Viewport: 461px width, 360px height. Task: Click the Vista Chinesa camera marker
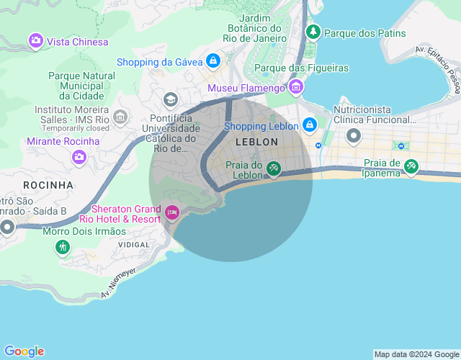tap(35, 41)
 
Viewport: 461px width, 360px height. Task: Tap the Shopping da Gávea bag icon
tap(212, 60)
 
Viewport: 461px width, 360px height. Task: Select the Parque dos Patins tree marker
tap(313, 32)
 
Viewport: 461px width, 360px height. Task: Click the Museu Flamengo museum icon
tap(295, 87)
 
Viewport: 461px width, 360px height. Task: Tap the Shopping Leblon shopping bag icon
tap(309, 125)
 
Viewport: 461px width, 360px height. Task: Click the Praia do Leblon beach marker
tap(274, 168)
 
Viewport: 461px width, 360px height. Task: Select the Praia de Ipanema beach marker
tap(411, 166)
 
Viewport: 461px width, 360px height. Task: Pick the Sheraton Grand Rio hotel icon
tap(172, 212)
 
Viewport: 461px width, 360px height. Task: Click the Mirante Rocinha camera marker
tap(79, 156)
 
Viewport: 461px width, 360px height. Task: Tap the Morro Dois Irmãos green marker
tap(63, 247)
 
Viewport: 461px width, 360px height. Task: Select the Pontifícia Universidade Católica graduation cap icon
tap(171, 99)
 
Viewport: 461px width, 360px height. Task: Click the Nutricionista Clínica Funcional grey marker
tap(353, 135)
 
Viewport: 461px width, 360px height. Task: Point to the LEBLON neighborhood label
tap(256, 143)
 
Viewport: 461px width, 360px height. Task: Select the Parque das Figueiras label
tap(302, 68)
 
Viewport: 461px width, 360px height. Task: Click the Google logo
tap(24, 351)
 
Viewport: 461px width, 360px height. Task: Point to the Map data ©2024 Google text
tap(416, 354)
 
